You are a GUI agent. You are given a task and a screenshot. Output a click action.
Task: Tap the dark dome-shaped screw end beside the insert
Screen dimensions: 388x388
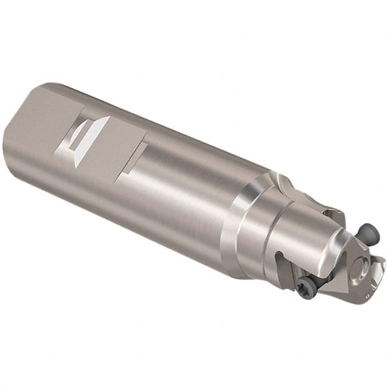click(367, 233)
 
